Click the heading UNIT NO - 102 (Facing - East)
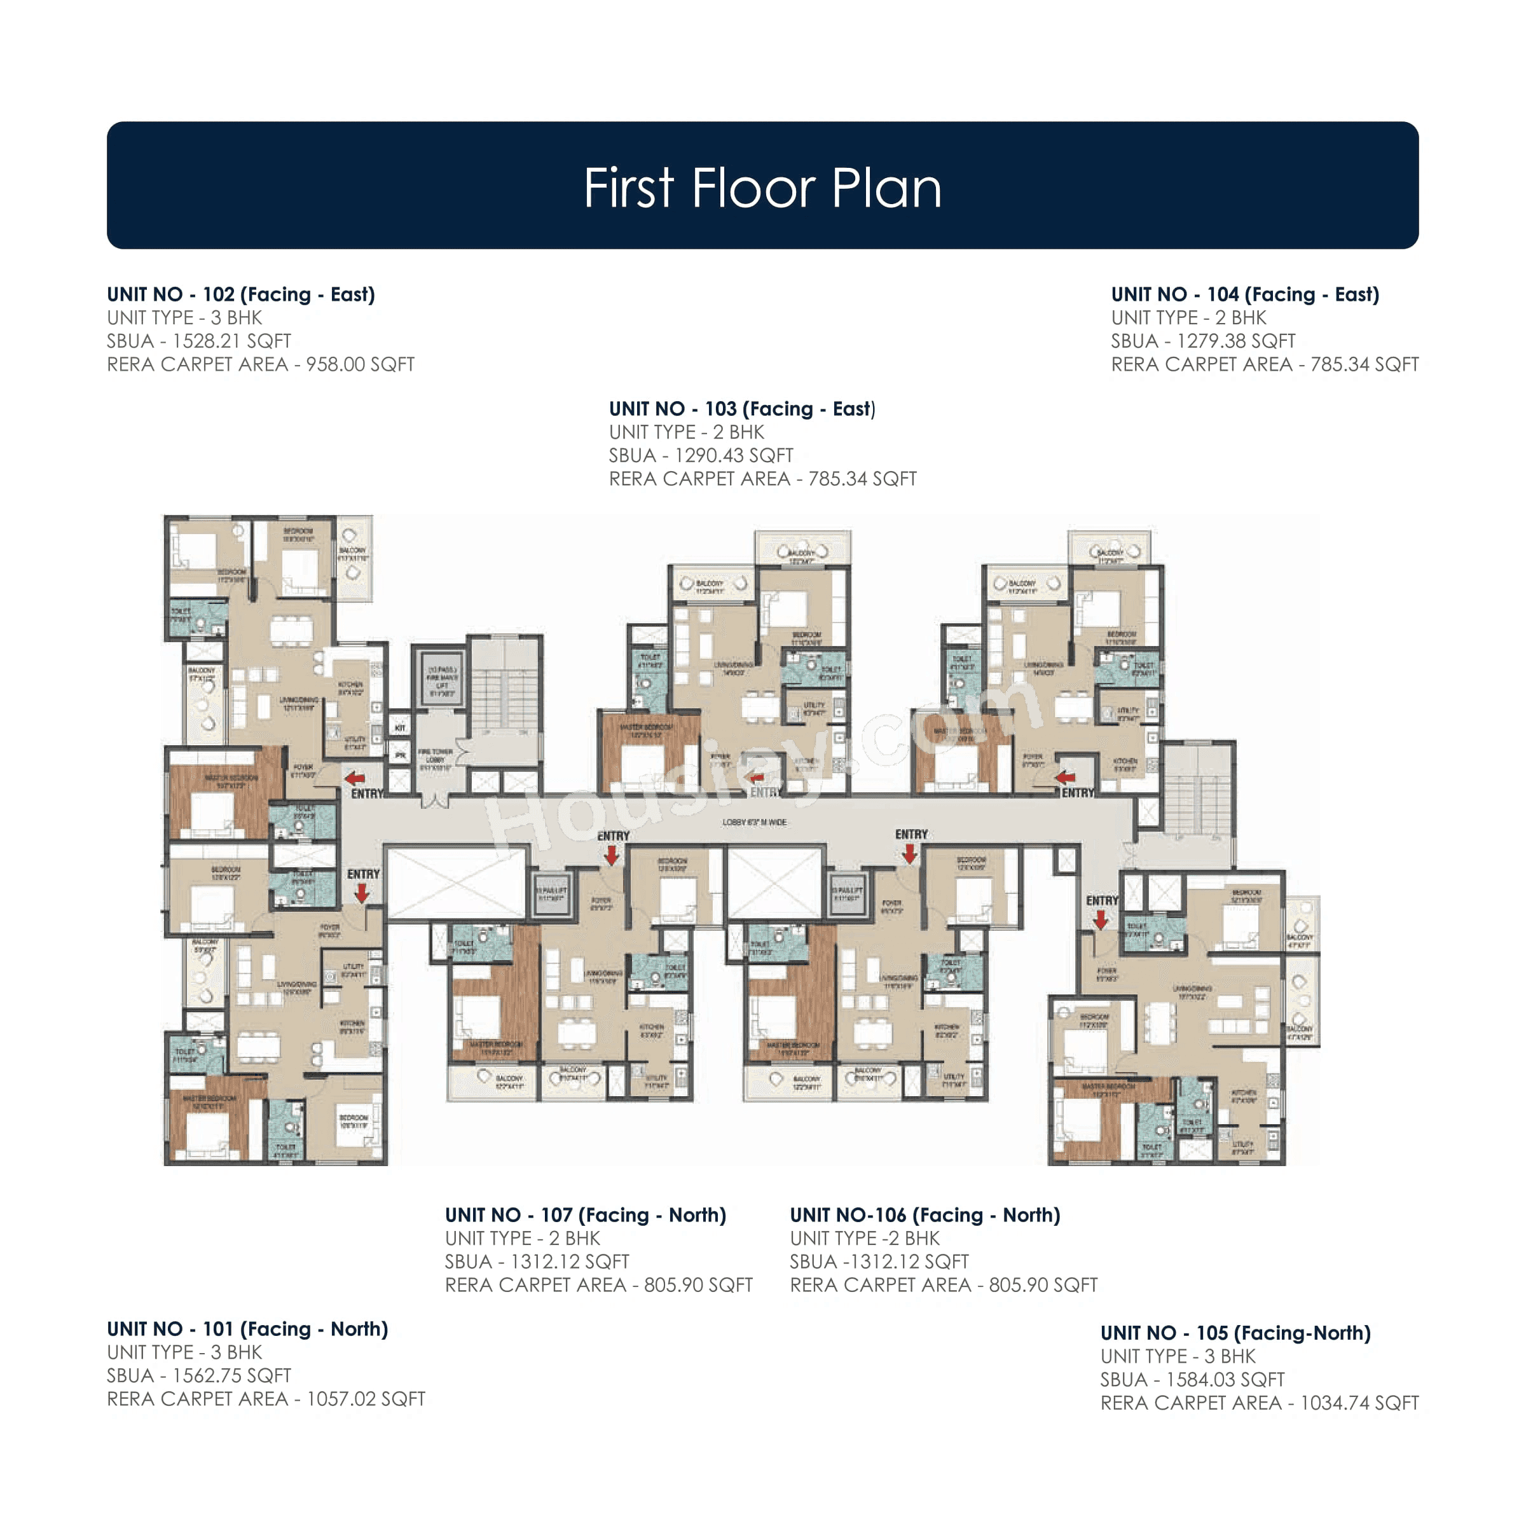click(241, 294)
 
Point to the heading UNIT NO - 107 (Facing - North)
click(585, 1215)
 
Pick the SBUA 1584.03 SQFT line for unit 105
click(1192, 1379)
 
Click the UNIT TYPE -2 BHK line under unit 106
click(864, 1238)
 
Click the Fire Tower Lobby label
click(435, 759)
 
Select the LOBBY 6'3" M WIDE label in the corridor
click(754, 822)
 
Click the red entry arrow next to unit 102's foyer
click(355, 778)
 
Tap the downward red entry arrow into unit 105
click(1100, 920)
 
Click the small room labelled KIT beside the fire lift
click(401, 727)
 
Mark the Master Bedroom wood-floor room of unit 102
click(225, 794)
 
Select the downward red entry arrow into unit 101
click(362, 893)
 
